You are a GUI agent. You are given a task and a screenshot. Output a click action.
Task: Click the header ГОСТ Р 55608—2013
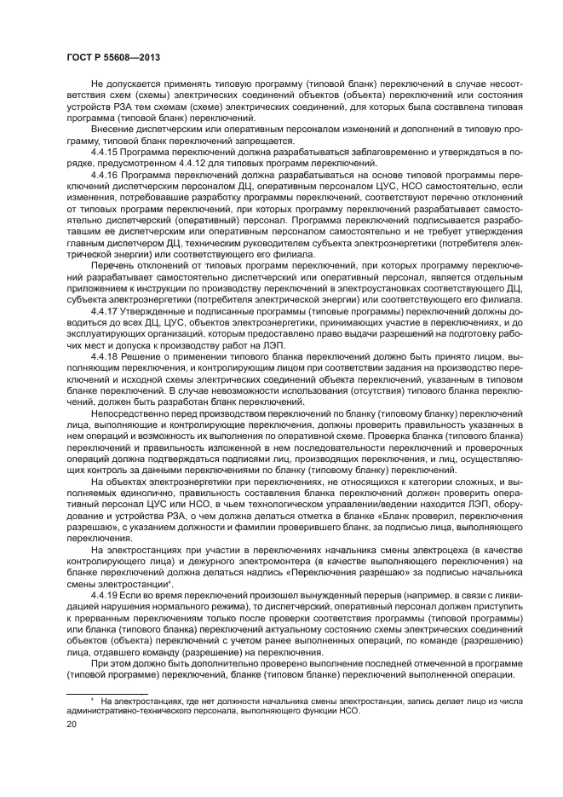113,57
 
